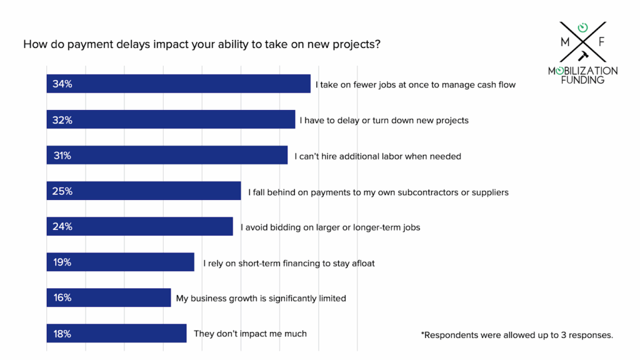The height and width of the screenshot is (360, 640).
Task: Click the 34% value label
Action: [62, 84]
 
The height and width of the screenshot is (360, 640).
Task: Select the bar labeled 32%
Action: [171, 119]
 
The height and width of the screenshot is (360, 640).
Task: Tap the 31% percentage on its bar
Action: [62, 156]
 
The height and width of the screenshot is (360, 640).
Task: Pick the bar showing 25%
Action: [144, 191]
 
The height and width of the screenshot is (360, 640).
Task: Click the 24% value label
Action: [62, 227]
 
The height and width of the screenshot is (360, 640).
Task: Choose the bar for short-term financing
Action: [121, 262]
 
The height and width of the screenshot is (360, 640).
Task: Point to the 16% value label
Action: [62, 298]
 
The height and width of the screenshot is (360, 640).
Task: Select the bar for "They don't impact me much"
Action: [116, 334]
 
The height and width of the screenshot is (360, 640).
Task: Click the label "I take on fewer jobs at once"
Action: [416, 84]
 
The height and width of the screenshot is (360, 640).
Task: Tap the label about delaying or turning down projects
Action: [384, 120]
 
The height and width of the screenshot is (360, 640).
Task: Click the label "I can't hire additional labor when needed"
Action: [377, 156]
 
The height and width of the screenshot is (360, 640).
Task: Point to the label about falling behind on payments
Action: [378, 192]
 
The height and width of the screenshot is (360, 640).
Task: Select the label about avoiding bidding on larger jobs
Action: [330, 227]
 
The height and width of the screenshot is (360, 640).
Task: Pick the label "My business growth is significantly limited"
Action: [261, 299]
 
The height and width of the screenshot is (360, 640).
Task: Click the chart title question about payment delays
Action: [202, 45]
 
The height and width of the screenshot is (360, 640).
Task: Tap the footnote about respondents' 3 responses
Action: [517, 335]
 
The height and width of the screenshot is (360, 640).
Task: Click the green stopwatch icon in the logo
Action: [582, 27]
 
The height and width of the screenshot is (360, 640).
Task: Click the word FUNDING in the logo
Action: [583, 80]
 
